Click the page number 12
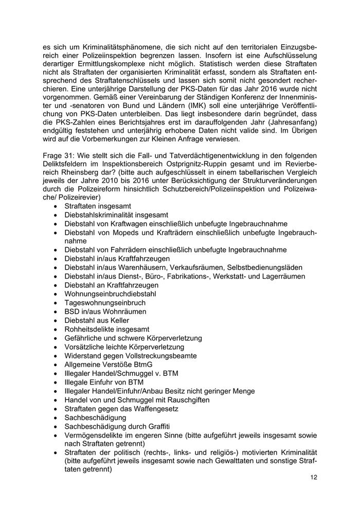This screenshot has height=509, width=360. click(313, 478)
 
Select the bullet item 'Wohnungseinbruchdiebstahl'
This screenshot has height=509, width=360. click(111, 294)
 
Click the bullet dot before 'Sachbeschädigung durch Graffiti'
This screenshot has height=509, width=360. click(55, 427)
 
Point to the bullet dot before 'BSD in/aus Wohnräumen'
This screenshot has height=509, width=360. click(55, 312)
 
